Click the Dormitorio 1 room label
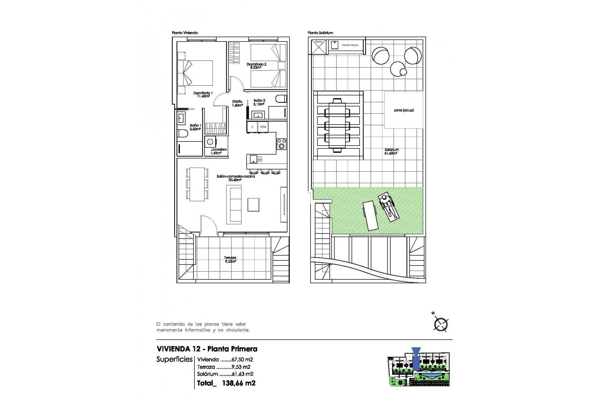click(x=203, y=95)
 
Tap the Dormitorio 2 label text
click(x=256, y=66)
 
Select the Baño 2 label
click(x=259, y=102)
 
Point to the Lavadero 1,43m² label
click(x=219, y=151)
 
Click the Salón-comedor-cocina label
click(x=236, y=178)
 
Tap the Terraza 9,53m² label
click(x=230, y=260)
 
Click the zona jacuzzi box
click(x=403, y=110)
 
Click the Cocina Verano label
click(x=350, y=45)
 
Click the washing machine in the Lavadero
click(x=210, y=141)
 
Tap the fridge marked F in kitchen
click(x=252, y=127)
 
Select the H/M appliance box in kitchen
click(x=263, y=127)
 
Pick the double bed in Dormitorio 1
click(x=195, y=73)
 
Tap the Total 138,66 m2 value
click(x=238, y=383)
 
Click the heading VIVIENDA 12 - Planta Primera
click(x=207, y=349)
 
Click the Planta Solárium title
click(x=320, y=33)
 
